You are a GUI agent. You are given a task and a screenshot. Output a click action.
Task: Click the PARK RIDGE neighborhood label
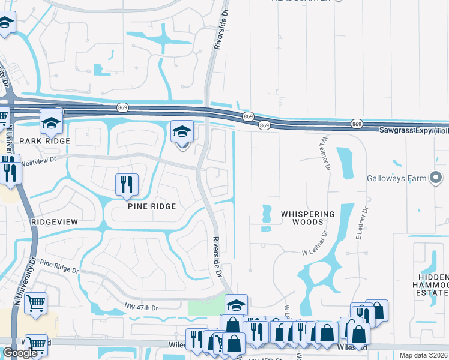click(x=44, y=140)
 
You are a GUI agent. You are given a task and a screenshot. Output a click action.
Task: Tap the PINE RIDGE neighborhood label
click(x=152, y=206)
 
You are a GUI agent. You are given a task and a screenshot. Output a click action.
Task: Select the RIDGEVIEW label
click(x=55, y=221)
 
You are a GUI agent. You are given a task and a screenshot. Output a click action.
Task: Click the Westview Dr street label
click(x=38, y=161)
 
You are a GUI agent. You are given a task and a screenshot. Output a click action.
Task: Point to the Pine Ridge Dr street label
click(x=59, y=265)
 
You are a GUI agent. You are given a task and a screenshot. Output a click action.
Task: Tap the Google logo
click(x=20, y=353)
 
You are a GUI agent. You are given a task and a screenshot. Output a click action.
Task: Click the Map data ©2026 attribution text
click(x=424, y=355)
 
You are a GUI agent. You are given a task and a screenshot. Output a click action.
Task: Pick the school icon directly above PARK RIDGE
click(x=52, y=122)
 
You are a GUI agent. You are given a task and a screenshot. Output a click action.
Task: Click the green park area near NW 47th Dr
click(x=205, y=307)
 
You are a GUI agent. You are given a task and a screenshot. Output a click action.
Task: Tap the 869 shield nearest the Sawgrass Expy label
click(x=357, y=124)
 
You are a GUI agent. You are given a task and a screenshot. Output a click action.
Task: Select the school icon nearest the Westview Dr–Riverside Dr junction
click(x=182, y=131)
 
